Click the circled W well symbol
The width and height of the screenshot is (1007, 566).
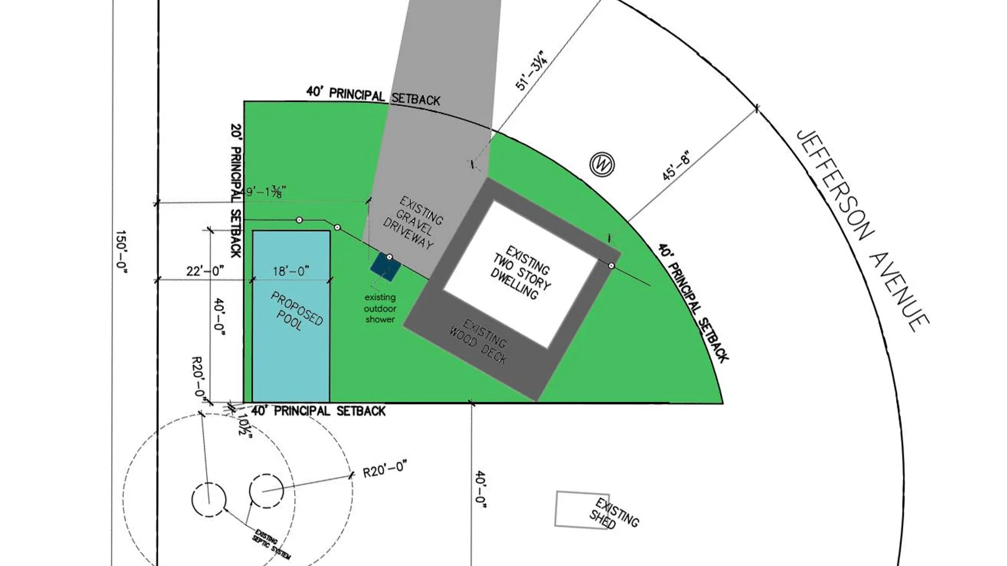(x=602, y=165)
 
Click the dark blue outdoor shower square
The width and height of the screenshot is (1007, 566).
(x=385, y=266)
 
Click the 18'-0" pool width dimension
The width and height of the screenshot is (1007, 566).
(x=291, y=271)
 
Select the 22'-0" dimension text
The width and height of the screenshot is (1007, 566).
(x=205, y=271)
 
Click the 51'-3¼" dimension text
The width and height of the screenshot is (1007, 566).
(x=531, y=71)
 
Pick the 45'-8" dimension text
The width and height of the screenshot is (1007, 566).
(x=676, y=166)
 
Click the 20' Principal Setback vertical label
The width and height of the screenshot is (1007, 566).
(x=236, y=191)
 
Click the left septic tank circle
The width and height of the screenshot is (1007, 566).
(x=209, y=500)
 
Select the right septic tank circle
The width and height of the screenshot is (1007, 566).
(x=266, y=491)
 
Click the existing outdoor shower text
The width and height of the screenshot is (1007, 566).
(x=380, y=309)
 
